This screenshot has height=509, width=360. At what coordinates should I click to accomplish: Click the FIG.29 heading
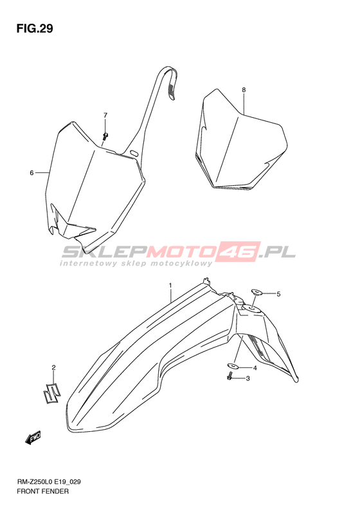pos(35,29)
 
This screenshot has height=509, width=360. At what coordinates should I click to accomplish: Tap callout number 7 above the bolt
pos(105,115)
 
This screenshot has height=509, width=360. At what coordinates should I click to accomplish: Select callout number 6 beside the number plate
pos(32,173)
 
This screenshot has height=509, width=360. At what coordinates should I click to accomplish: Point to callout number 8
pos(244,89)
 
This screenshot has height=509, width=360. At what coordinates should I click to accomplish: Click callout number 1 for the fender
pos(170,285)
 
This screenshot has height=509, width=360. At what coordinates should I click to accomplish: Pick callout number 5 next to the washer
pos(278,294)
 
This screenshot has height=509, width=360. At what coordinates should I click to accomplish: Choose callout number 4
pos(255,368)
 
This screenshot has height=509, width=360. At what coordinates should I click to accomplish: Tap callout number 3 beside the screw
pos(248,378)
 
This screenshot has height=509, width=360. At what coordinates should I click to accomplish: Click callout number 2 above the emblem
pos(54,367)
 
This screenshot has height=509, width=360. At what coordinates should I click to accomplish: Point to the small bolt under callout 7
pos(105,136)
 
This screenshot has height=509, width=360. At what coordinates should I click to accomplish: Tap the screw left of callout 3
pos(230,376)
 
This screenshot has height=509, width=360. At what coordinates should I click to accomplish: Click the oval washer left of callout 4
pos(233,366)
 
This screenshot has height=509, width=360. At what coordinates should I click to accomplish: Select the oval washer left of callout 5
pos(256,292)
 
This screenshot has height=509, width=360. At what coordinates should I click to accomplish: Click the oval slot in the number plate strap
pos(134,152)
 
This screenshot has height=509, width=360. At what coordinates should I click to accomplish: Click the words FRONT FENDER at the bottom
pos(42,491)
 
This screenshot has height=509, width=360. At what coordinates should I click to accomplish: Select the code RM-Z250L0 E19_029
pos(49,482)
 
